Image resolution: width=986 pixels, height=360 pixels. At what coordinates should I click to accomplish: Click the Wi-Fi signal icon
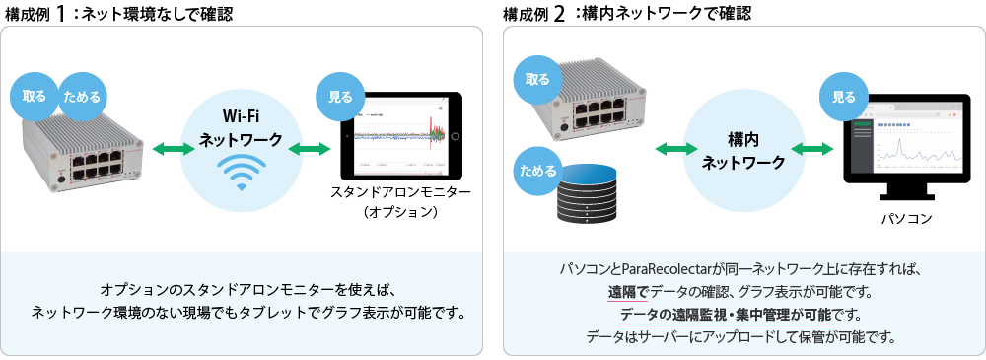[x=241, y=172]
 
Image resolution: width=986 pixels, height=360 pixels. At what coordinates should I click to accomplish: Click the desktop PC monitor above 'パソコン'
[x=905, y=143]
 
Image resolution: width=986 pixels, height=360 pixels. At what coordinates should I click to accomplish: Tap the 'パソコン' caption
[x=905, y=217]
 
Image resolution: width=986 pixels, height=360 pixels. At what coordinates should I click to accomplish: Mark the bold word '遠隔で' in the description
[x=628, y=292]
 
